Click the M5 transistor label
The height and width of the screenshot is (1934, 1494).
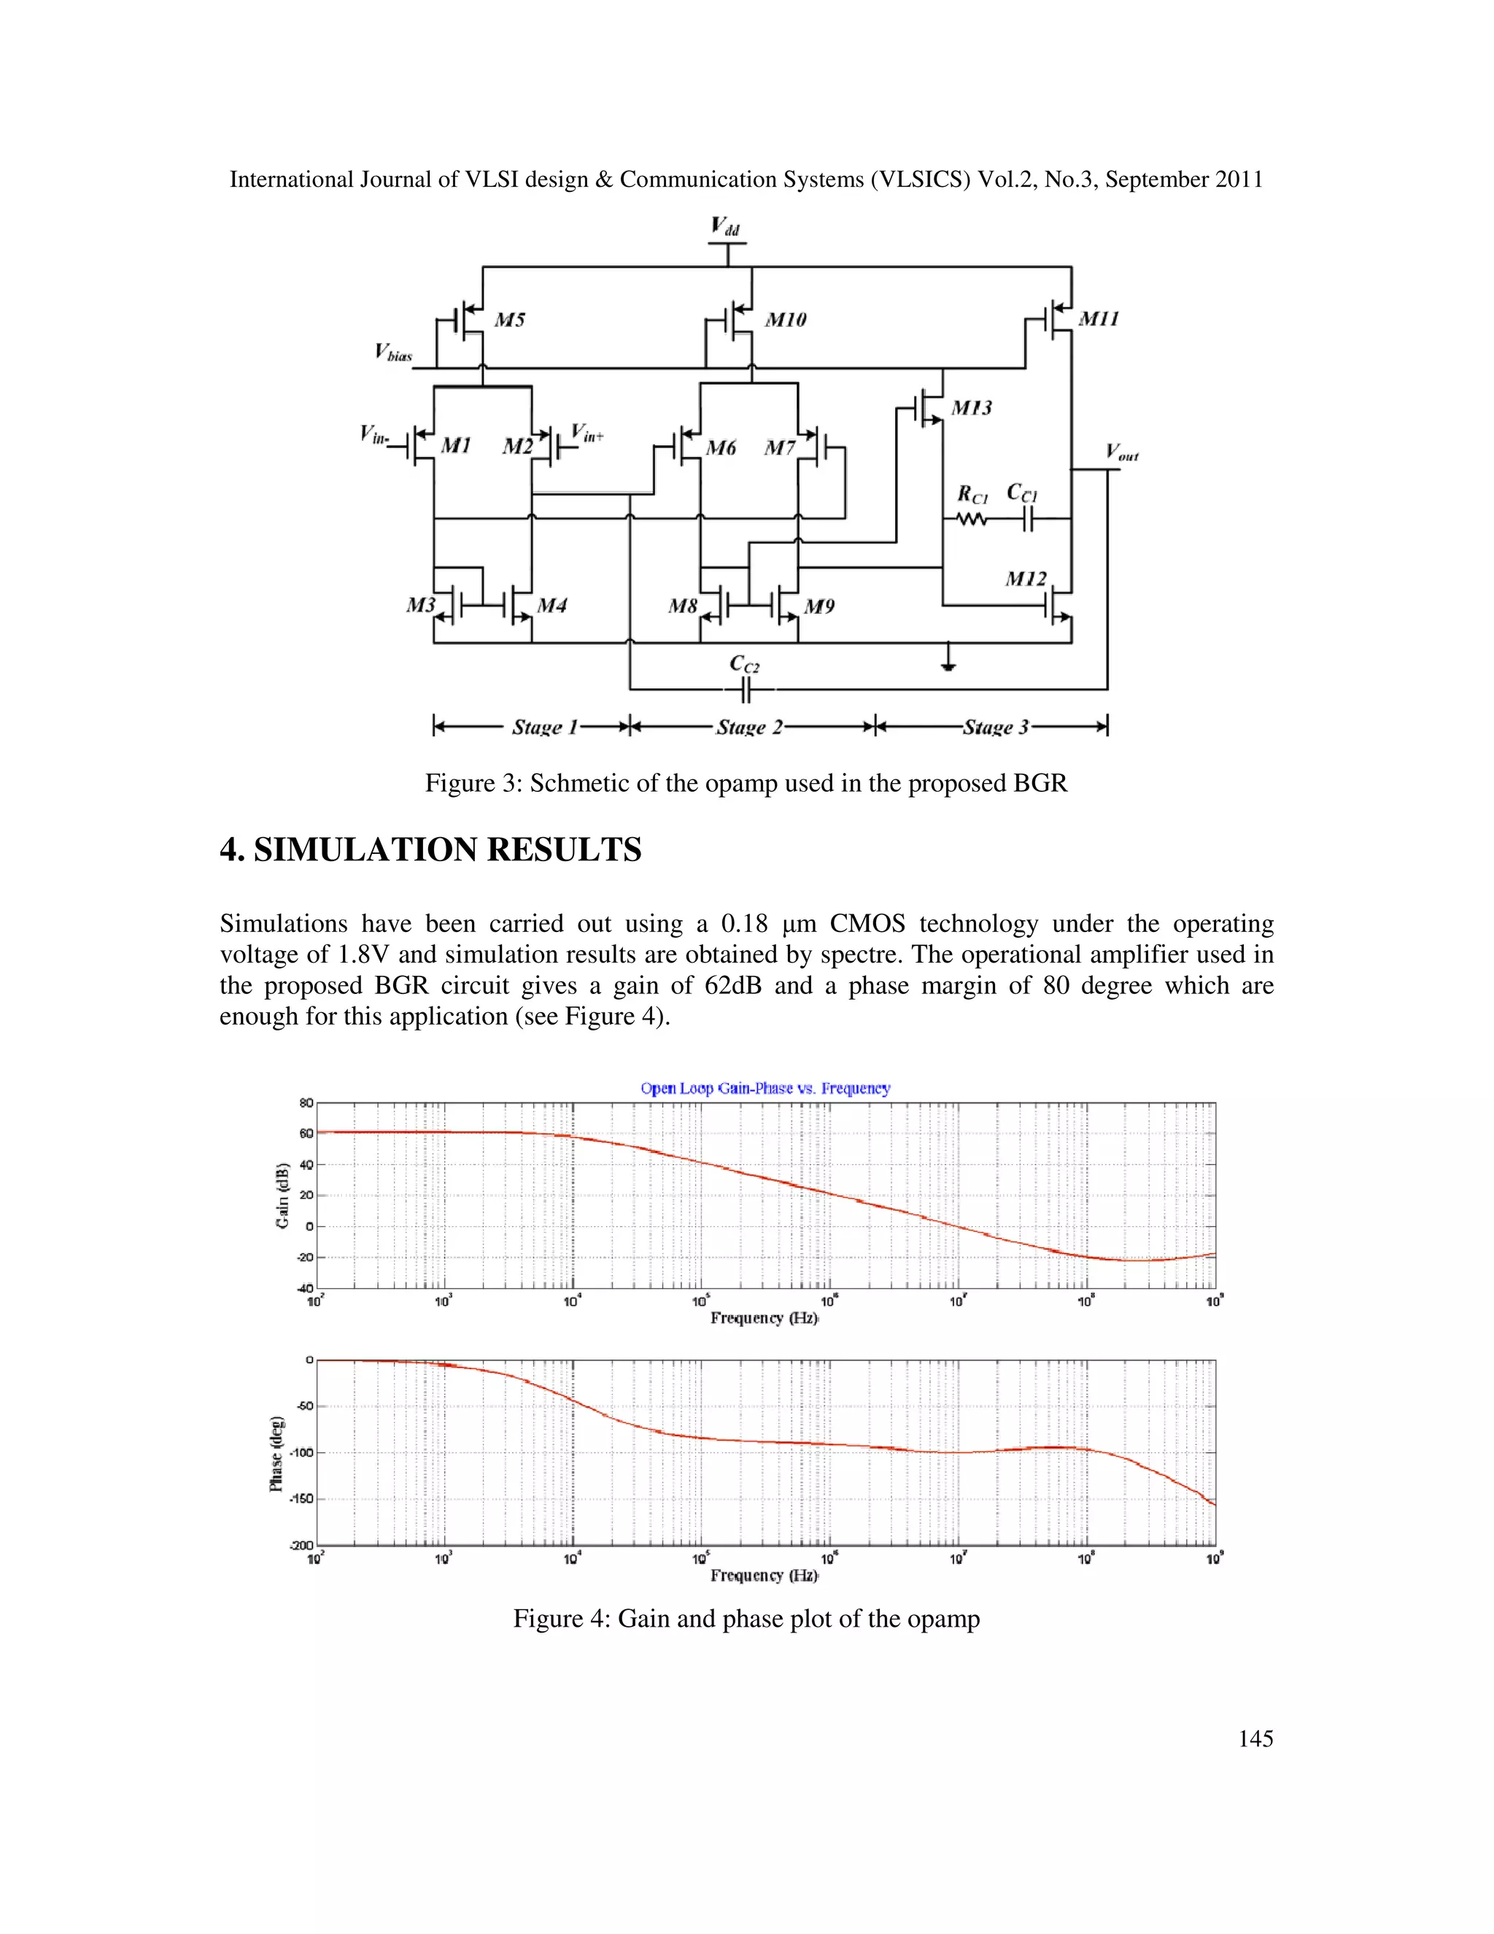(x=509, y=320)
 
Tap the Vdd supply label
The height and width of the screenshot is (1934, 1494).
(x=725, y=227)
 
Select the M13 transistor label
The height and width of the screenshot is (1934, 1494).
(x=971, y=408)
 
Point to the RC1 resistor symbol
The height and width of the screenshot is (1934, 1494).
(x=972, y=520)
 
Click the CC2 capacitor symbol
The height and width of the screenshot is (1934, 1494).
(x=746, y=690)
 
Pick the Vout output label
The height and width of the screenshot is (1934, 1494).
(x=1121, y=452)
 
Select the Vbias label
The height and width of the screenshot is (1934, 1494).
(x=393, y=353)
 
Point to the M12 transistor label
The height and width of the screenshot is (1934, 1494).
(x=1025, y=579)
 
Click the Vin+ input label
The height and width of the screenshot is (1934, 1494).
(x=587, y=433)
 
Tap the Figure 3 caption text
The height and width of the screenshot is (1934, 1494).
(x=746, y=783)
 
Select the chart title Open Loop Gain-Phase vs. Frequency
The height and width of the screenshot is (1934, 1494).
(x=765, y=1088)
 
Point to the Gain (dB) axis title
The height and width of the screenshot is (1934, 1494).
(x=282, y=1195)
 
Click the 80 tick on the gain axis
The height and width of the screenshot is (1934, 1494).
(x=306, y=1103)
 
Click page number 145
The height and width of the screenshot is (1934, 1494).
(x=1255, y=1738)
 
